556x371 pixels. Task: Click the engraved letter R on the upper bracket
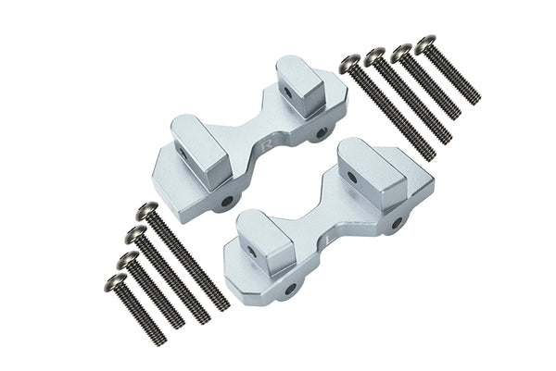pyautogui.click(x=268, y=145)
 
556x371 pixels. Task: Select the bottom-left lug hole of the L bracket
pyautogui.click(x=290, y=289)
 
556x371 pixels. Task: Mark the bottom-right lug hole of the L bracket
pyautogui.click(x=397, y=223)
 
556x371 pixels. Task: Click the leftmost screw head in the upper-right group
pyautogui.click(x=349, y=64)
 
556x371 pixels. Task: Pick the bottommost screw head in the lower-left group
pyautogui.click(x=116, y=281)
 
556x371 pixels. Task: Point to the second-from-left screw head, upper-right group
pyautogui.click(x=375, y=56)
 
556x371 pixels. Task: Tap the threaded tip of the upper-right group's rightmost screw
pyautogui.click(x=474, y=99)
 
